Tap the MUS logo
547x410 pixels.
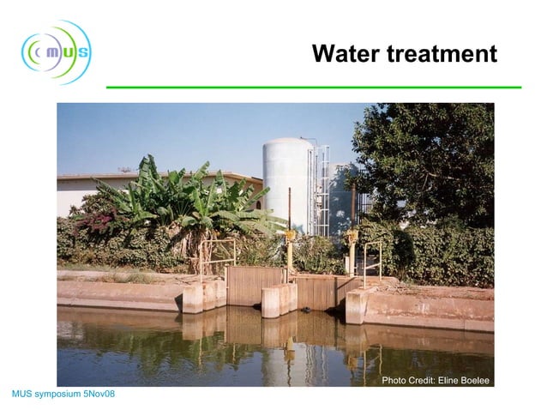[x=56, y=52]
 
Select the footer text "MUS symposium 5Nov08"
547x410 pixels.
[x=63, y=394]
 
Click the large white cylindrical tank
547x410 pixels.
[x=288, y=184]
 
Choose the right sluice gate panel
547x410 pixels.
[x=315, y=292]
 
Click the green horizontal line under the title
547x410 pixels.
[x=313, y=87]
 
